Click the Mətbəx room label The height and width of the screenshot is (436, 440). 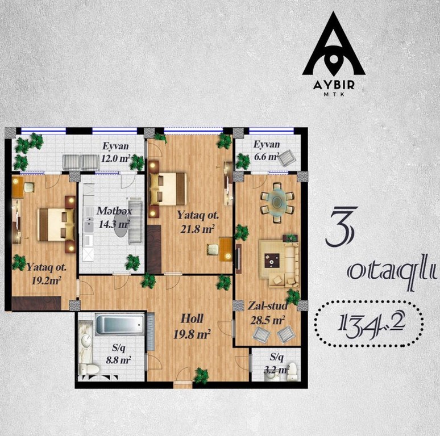114,211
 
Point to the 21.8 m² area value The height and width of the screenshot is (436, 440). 197,229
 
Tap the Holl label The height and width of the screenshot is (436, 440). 192,318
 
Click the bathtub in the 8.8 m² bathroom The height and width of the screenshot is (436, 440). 120,325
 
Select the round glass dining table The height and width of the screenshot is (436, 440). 277,201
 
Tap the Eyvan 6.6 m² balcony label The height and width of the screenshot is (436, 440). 267,150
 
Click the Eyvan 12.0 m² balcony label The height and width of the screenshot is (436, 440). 115,153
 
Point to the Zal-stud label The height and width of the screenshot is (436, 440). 267,305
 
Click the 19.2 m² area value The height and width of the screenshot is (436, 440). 46,280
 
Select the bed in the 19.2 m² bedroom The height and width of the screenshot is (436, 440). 57,224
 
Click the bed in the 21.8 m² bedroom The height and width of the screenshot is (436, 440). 168,189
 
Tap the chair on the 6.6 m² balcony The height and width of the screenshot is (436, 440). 286,158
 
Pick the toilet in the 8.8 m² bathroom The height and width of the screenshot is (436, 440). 89,369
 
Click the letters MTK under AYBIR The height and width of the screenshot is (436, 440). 334,94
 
